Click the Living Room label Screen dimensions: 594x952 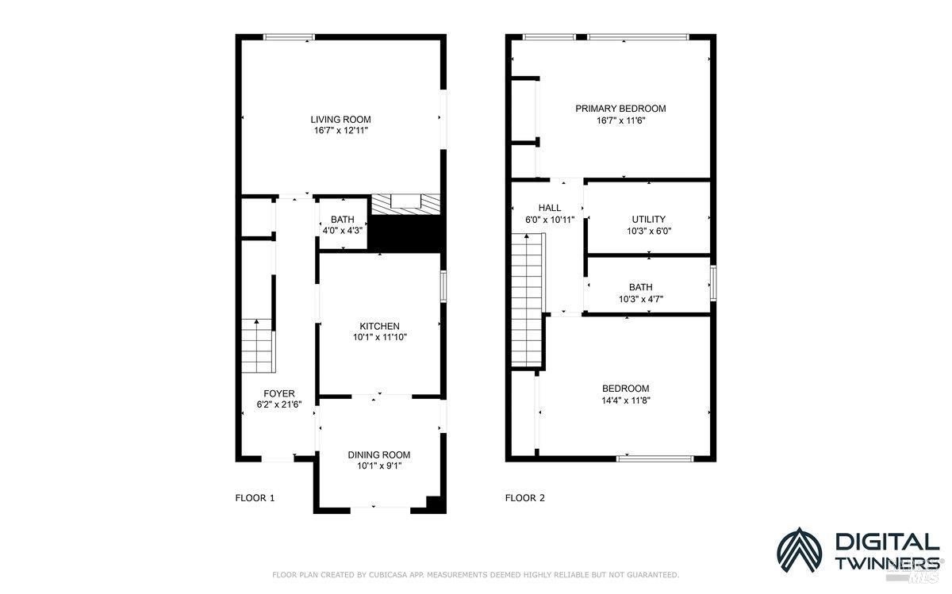click(340, 119)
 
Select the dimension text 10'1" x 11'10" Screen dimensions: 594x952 click(379, 337)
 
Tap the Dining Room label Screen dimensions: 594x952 click(379, 454)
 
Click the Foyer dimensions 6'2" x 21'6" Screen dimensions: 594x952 click(279, 404)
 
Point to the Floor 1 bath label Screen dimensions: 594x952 click(343, 220)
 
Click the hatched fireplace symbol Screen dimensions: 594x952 click(406, 204)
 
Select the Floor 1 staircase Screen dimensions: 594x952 click(258, 346)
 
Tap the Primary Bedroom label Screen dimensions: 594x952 click(620, 109)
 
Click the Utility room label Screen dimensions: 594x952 click(648, 220)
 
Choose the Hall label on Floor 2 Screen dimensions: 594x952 click(549, 208)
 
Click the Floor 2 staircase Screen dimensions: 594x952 click(528, 301)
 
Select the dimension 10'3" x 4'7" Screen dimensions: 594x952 click(641, 299)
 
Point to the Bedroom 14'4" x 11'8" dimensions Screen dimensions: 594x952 click(625, 400)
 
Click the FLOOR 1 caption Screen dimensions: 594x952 click(255, 498)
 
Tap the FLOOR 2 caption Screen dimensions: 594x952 click(525, 498)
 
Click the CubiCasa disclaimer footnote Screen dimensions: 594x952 click(475, 574)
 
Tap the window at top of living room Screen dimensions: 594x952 click(289, 36)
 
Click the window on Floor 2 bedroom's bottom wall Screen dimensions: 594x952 click(655, 458)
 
